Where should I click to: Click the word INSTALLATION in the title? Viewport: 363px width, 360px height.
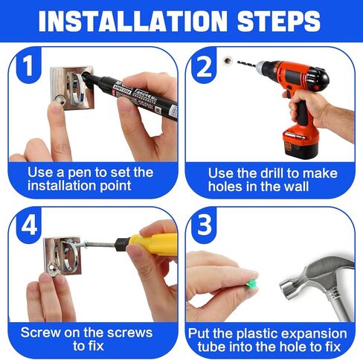132,21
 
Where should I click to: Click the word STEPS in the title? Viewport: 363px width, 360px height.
279,21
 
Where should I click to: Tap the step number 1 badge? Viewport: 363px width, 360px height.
28,65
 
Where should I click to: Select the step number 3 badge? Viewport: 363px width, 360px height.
204,225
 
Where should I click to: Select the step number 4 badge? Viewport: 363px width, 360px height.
29,225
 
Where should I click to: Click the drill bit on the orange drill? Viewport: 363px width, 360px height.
247,64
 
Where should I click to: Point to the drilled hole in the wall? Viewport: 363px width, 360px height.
227,60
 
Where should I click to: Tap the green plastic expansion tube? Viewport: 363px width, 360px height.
251,284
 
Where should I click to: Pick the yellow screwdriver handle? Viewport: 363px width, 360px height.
154,245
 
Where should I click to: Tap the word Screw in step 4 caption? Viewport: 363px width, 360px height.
41,332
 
